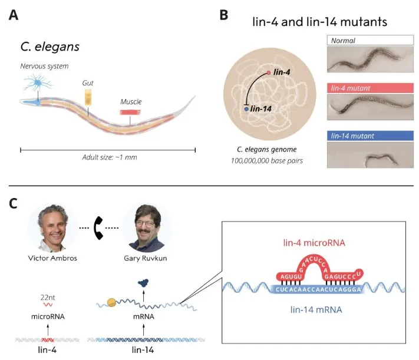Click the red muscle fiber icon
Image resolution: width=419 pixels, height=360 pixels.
130,111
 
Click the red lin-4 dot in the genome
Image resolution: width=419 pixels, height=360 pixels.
269,72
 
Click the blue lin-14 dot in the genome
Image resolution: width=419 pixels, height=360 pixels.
246,108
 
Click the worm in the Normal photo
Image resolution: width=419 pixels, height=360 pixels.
365,61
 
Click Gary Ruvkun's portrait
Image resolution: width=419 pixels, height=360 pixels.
146,229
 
